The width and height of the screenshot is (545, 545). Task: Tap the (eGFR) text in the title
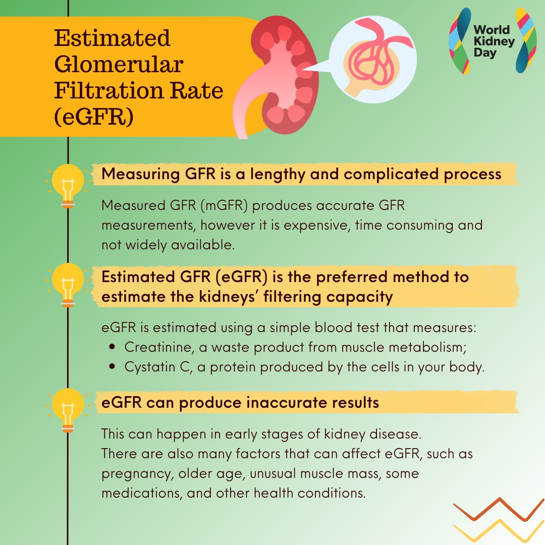point(94,117)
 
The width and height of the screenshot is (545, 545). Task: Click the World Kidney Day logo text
point(494,41)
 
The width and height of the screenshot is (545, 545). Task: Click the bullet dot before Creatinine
point(112,347)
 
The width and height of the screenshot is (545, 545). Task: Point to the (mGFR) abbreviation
point(224,205)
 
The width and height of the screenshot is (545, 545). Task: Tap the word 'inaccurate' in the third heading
point(287,403)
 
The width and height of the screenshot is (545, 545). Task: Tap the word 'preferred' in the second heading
point(351,278)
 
